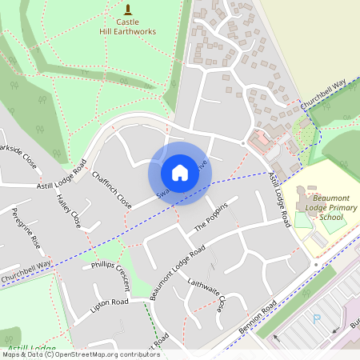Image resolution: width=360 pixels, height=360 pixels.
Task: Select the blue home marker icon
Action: tap(180, 173)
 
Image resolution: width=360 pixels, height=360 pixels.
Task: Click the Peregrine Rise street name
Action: tap(26, 228)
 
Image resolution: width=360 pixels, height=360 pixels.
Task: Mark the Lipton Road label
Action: tap(110, 303)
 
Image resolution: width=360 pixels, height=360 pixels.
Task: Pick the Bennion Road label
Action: tap(258, 318)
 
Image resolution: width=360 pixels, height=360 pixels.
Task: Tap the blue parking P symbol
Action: tap(316, 318)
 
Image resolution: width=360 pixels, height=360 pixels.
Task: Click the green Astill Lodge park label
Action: tap(32, 349)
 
